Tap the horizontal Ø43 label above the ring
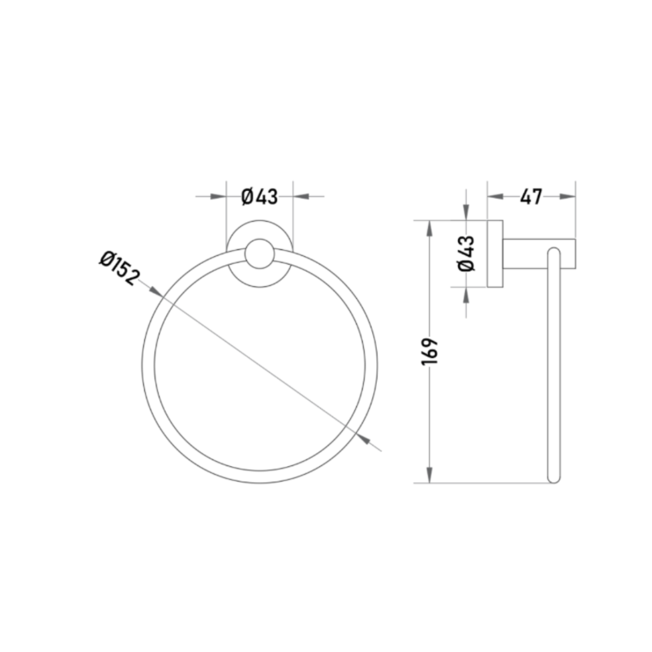coord(260,196)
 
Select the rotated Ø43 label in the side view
coord(466,254)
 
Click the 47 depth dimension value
coord(531,197)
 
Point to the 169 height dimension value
coord(430,352)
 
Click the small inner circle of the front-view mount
coord(260,254)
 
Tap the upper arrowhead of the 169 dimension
coord(430,229)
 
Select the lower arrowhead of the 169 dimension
coord(430,475)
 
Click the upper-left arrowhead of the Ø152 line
coord(156,292)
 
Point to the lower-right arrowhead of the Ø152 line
coord(363,439)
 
